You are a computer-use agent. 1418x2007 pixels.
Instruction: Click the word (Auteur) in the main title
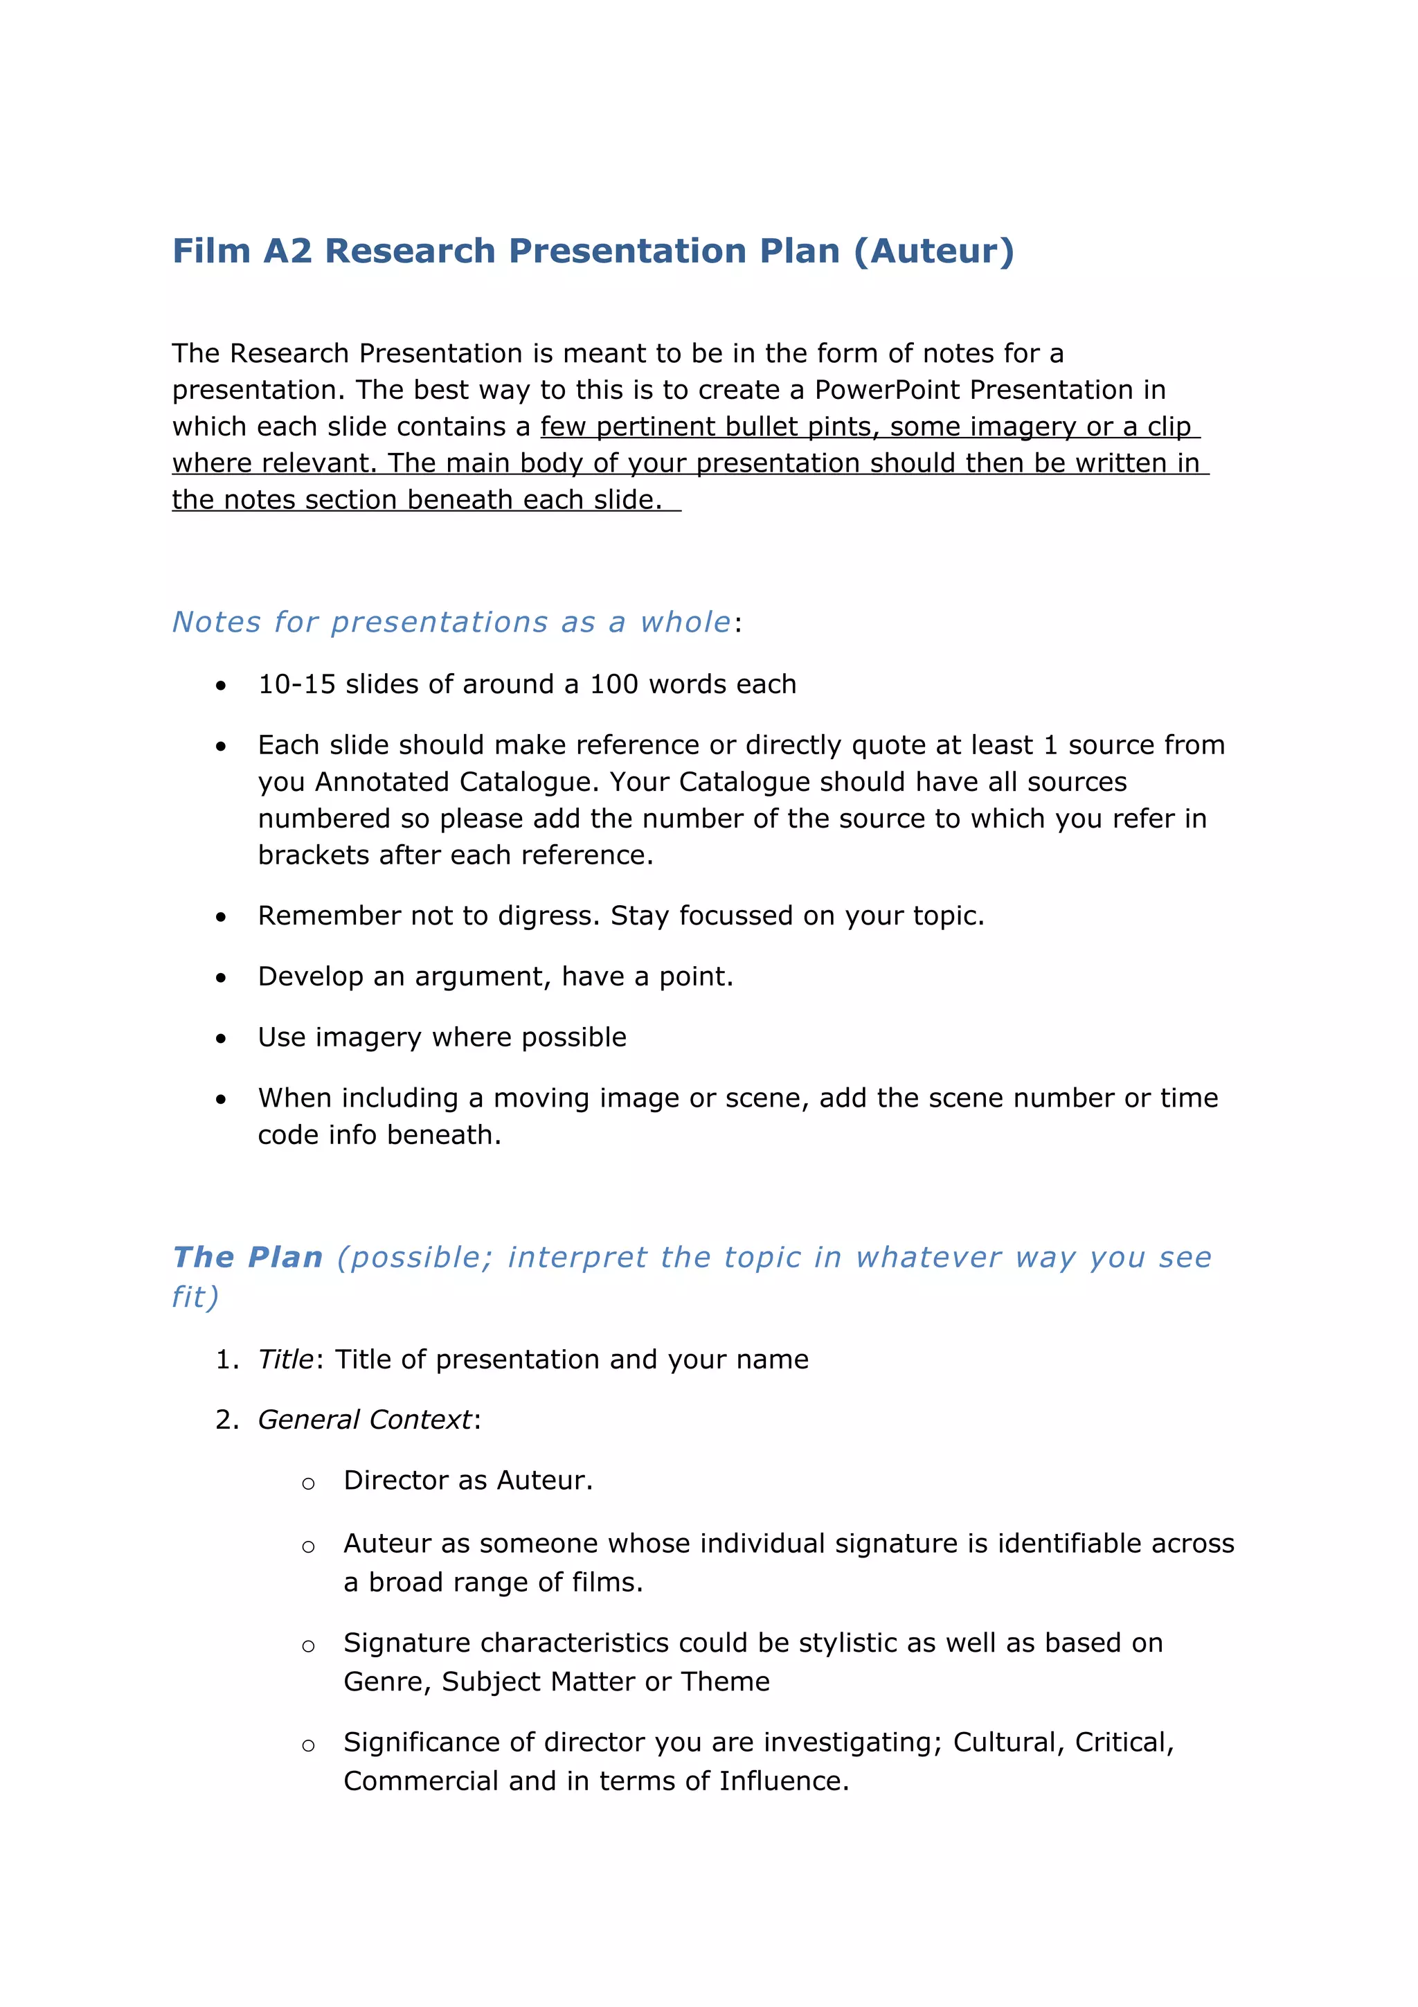click(x=933, y=251)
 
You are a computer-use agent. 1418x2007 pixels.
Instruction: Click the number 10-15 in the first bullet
click(x=296, y=684)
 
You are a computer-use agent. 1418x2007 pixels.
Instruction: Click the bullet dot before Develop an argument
click(x=221, y=978)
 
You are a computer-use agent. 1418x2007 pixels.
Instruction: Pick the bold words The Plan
click(x=248, y=1257)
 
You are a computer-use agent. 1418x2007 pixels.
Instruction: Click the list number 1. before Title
click(x=226, y=1359)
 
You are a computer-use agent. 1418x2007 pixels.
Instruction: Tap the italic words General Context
click(x=364, y=1420)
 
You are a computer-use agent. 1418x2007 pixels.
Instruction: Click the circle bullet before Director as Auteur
click(x=307, y=1483)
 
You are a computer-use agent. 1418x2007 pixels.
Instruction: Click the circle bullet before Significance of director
click(x=307, y=1746)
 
